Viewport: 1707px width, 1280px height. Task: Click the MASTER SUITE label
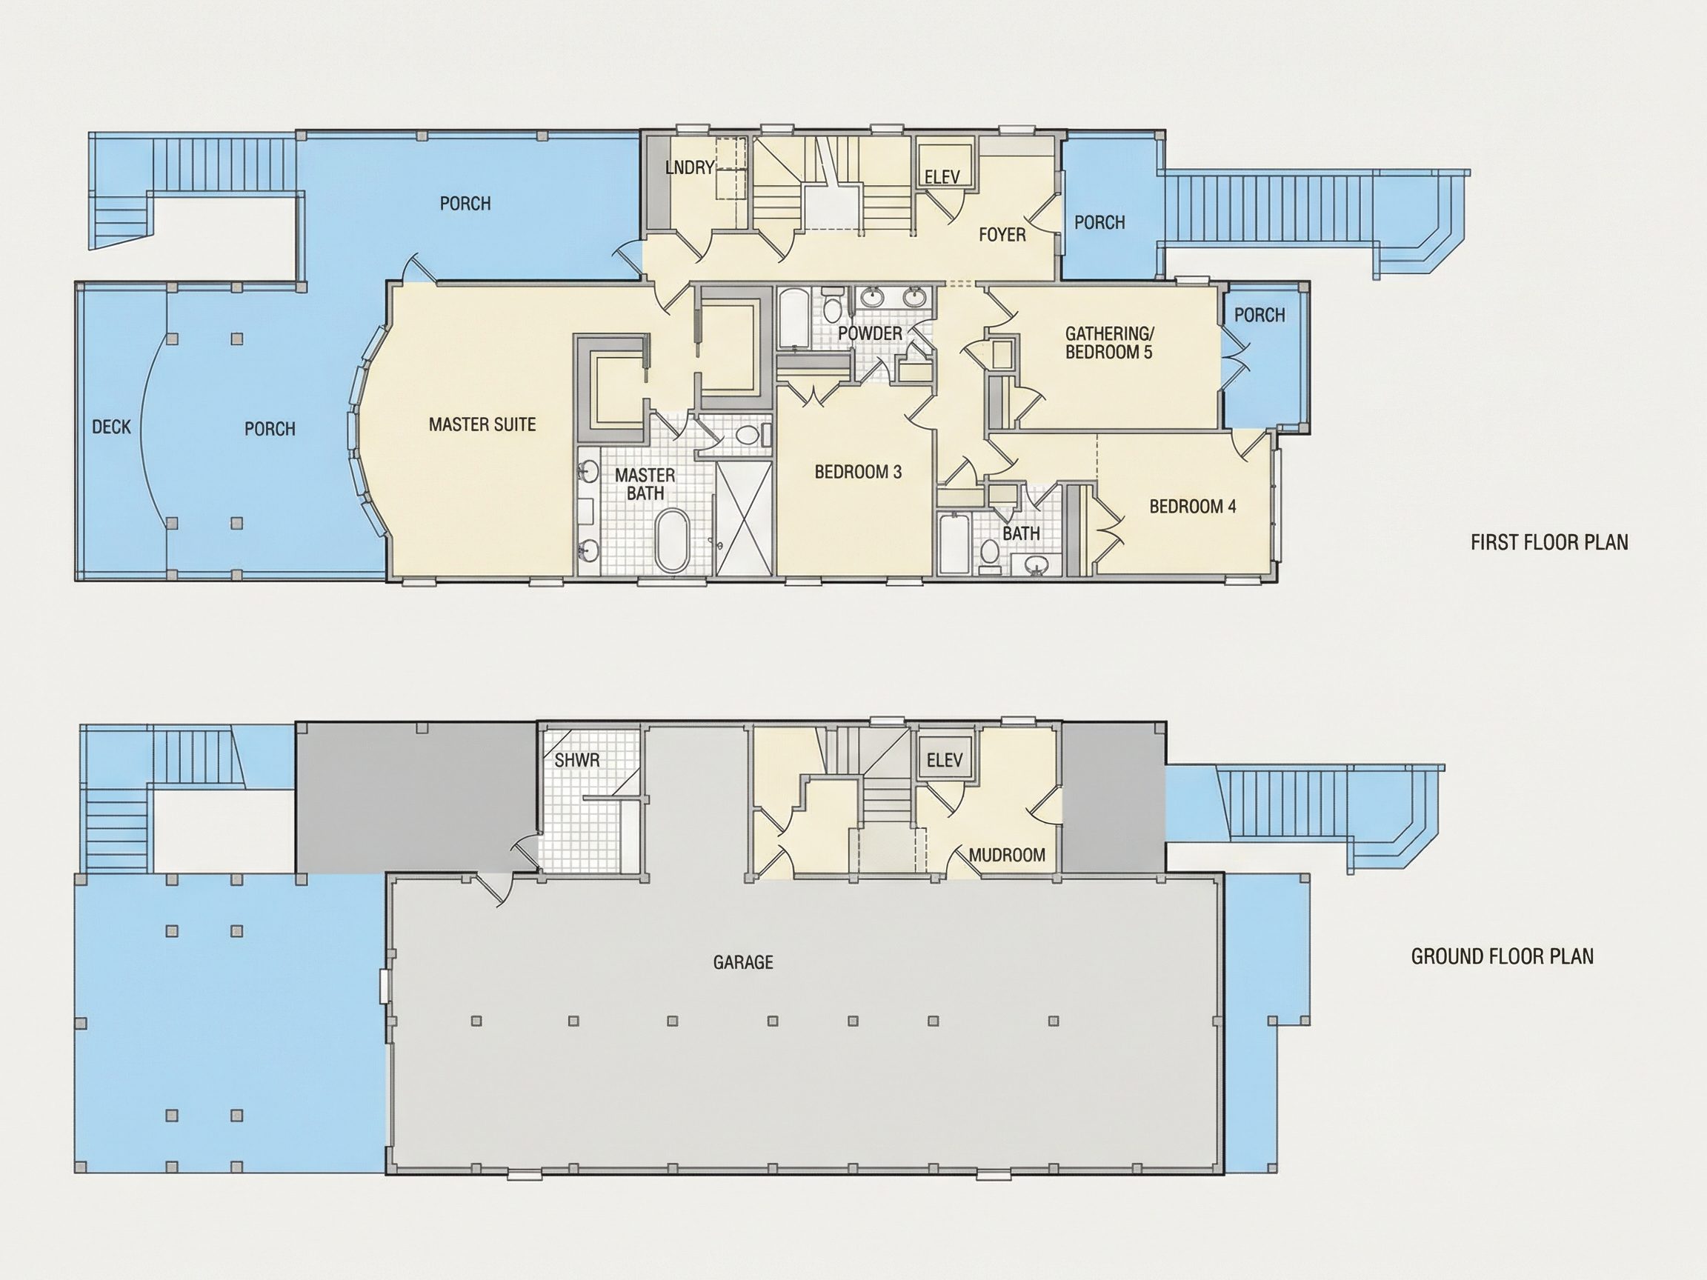(482, 424)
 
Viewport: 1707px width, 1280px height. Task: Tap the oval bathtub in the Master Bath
(673, 541)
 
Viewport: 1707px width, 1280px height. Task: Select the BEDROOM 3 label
(858, 472)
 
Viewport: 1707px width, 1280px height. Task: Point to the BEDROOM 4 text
(1192, 507)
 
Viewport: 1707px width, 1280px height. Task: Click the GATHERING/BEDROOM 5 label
(1110, 344)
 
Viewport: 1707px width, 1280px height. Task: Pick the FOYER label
(1002, 235)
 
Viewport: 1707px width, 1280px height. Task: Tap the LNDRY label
(689, 167)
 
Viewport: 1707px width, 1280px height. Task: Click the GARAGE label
(743, 962)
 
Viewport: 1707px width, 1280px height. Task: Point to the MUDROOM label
(1007, 855)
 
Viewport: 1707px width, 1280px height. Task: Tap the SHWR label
(576, 760)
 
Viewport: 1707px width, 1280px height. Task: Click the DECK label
(111, 427)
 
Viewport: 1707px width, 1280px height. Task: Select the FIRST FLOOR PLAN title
(1550, 542)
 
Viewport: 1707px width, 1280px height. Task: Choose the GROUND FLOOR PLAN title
(1503, 957)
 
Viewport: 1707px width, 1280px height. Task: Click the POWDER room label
(870, 334)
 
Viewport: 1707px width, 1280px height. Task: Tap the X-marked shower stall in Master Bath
(744, 518)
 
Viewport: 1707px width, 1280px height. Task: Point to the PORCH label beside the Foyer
(1099, 223)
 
